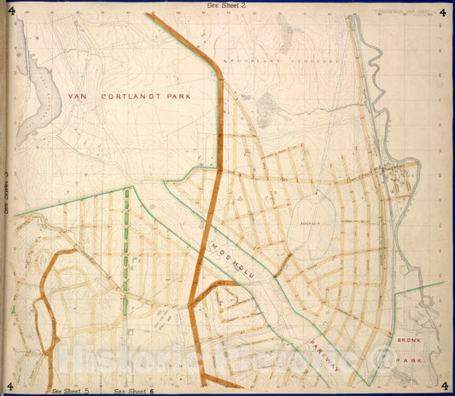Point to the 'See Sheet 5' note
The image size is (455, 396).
(x=71, y=391)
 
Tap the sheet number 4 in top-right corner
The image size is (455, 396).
(x=442, y=12)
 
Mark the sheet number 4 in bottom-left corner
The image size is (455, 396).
(x=10, y=385)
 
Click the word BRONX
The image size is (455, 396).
(x=411, y=340)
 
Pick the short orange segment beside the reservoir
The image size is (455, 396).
(x=283, y=264)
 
